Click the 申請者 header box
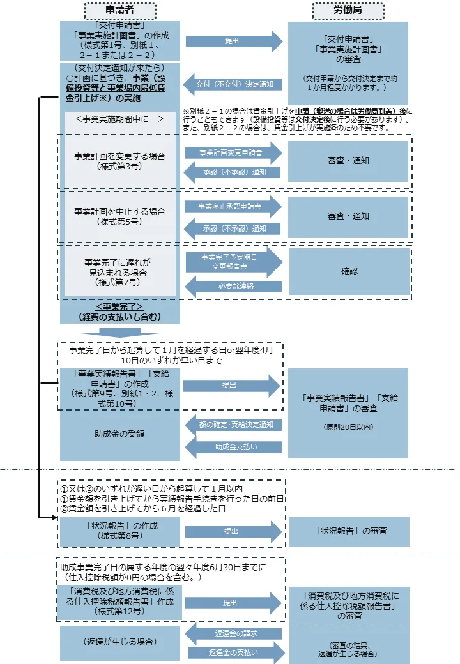(120, 11)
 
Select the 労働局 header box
(348, 11)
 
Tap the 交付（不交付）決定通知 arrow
(232, 84)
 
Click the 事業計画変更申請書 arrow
(233, 153)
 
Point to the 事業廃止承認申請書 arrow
(233, 206)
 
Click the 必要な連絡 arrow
(233, 286)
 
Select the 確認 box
(349, 271)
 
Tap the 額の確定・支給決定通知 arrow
(233, 425)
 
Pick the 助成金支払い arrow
(233, 447)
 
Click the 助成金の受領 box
(120, 434)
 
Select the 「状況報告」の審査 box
(349, 531)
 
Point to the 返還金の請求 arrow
(233, 633)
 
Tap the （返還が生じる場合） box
(120, 643)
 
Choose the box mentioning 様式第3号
(120, 162)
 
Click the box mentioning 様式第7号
(120, 272)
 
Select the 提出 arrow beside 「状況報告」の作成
(233, 531)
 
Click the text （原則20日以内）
(348, 427)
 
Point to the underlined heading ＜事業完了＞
(119, 306)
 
